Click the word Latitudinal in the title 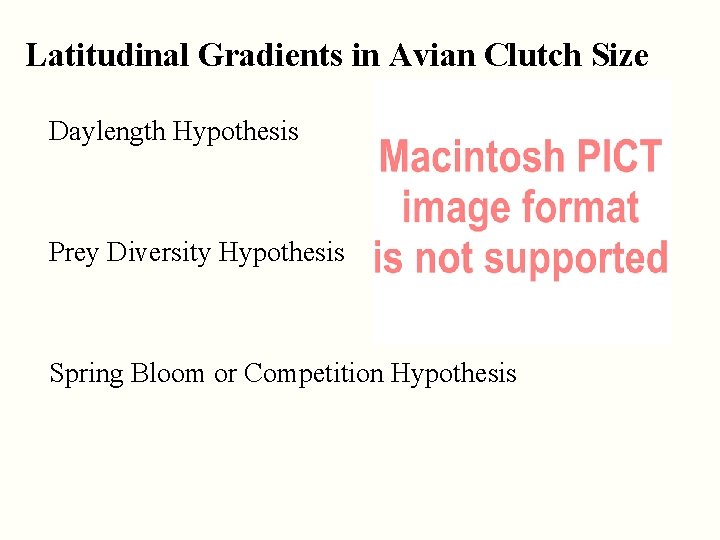(107, 55)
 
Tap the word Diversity (159, 253)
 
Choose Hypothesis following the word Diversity (281, 253)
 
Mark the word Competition (313, 374)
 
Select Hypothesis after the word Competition (454, 374)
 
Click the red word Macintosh (472, 158)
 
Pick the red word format (577, 207)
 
